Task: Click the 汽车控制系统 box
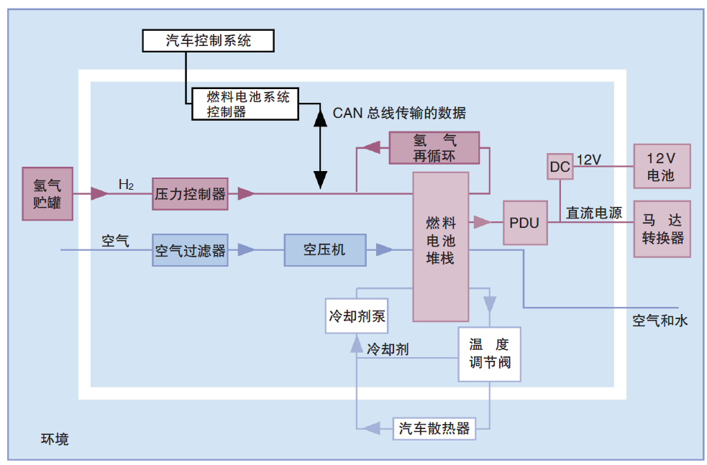[x=208, y=40]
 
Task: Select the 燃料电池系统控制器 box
[x=245, y=104]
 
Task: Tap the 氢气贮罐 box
[x=47, y=194]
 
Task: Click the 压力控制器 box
[x=190, y=194]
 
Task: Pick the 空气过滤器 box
[x=190, y=250]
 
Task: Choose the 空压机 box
[x=324, y=250]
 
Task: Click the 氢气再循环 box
[x=434, y=148]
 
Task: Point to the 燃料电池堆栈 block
[x=440, y=247]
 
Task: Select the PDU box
[x=525, y=223]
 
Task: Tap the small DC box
[x=560, y=167]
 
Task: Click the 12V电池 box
[x=662, y=166]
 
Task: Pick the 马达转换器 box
[x=662, y=229]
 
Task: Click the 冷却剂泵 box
[x=357, y=316]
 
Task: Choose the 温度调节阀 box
[x=490, y=354]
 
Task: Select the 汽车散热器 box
[x=434, y=428]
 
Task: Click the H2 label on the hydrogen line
[x=126, y=184]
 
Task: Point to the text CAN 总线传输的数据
[x=399, y=113]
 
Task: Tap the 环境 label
[x=55, y=439]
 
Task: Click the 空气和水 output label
[x=660, y=321]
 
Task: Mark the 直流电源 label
[x=594, y=213]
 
